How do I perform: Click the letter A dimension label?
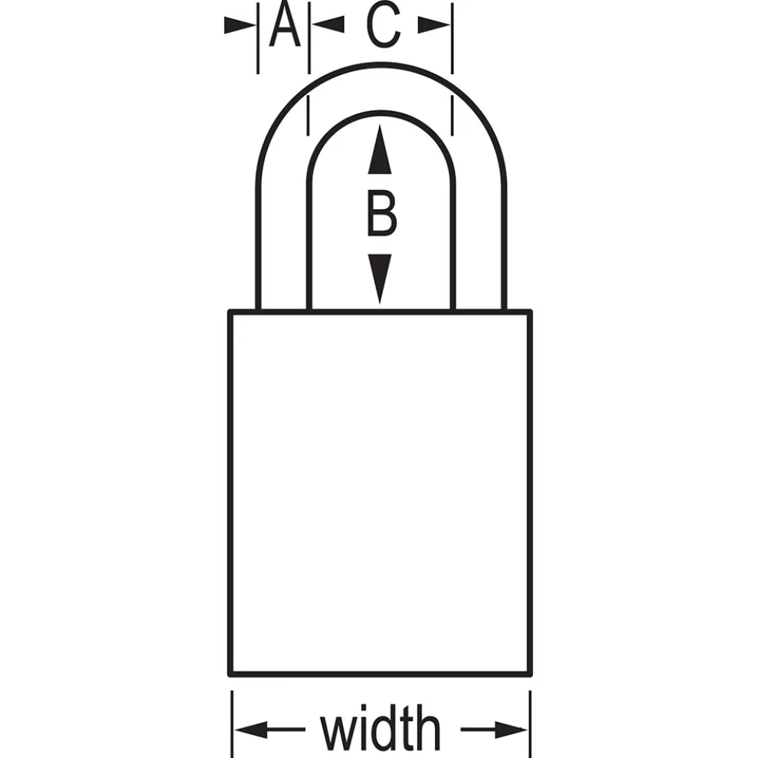tap(285, 25)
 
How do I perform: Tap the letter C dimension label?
tap(384, 25)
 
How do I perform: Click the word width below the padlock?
tap(381, 727)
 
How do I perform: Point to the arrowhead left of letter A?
tap(240, 25)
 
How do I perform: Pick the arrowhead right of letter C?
tap(433, 25)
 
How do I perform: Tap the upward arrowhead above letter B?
tap(380, 149)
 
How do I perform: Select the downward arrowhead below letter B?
tap(380, 279)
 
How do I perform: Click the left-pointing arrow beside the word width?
tap(270, 729)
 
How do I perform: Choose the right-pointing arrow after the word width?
tap(494, 730)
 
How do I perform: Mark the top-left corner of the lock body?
tap(230, 312)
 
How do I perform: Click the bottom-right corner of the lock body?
tap(531, 674)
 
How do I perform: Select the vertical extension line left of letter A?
tap(258, 38)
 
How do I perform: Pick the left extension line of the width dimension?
tap(232, 724)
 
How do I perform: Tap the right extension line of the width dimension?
tap(531, 724)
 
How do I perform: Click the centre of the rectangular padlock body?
tap(381, 493)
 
